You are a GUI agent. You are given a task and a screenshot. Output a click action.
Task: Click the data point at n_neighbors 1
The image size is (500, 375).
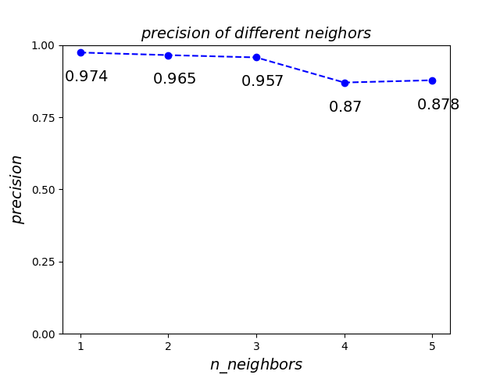[80, 52]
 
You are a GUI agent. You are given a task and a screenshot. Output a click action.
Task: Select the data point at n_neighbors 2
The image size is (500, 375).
[168, 55]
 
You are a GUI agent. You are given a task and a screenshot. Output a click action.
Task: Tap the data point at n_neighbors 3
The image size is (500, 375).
[256, 58]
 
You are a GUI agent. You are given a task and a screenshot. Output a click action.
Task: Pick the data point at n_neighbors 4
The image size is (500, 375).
[345, 83]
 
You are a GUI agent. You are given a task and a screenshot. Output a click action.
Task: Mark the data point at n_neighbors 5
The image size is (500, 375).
[432, 80]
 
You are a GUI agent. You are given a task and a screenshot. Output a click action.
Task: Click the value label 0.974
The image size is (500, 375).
[87, 77]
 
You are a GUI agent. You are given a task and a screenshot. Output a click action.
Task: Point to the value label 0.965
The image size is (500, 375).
[175, 79]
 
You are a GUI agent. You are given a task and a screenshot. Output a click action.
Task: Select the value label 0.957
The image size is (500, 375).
[262, 81]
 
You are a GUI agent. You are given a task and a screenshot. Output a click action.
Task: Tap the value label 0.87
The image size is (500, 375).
[345, 107]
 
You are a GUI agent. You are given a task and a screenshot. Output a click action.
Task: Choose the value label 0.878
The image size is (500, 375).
[438, 105]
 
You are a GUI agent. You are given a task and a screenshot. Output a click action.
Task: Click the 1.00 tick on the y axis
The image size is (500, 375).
[45, 45]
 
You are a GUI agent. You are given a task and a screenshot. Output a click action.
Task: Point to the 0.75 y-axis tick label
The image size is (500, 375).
[45, 118]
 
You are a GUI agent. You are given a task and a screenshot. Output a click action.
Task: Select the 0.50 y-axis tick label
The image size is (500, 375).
[45, 190]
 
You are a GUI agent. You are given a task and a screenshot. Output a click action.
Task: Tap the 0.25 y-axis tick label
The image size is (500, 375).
[45, 262]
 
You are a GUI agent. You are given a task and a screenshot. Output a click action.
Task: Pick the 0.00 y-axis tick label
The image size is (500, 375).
[45, 334]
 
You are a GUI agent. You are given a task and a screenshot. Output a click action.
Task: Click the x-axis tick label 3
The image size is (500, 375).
[256, 346]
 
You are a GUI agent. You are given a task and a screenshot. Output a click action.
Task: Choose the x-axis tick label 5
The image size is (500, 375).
[432, 346]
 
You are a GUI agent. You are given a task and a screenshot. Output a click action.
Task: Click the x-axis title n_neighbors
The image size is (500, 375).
[256, 365]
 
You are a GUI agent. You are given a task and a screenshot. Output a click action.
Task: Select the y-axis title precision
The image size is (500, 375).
[17, 189]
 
